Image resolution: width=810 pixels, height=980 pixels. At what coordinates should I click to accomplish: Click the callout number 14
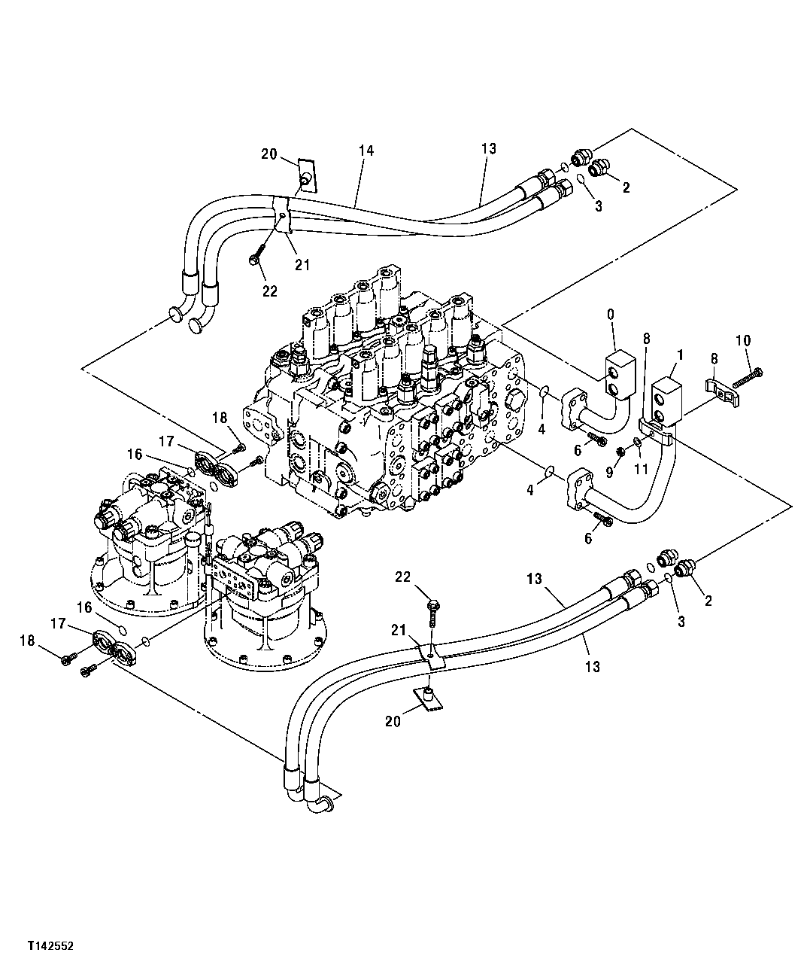click(x=366, y=151)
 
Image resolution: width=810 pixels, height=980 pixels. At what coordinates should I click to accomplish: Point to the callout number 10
click(x=743, y=340)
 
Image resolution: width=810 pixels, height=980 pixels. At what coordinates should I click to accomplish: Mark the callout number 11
click(x=641, y=468)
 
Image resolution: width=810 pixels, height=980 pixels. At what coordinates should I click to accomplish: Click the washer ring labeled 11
click(x=638, y=442)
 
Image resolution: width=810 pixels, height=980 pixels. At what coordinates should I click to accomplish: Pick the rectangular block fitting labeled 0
click(x=618, y=373)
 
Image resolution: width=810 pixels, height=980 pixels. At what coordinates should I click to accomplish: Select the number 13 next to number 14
click(x=489, y=149)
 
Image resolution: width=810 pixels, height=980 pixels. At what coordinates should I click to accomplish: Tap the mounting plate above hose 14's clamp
click(x=306, y=175)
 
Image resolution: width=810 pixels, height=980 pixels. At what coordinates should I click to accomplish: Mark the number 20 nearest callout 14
click(x=269, y=154)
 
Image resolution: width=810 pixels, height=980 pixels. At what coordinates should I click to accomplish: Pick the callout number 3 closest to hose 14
click(x=598, y=205)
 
